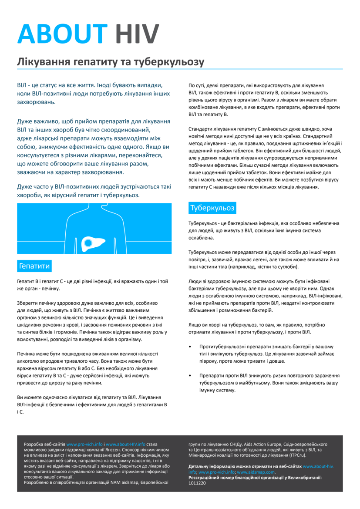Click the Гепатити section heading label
(x=34, y=266)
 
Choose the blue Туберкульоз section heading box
(x=212, y=208)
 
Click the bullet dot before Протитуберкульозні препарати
(x=190, y=347)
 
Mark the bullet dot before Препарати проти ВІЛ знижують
(x=190, y=375)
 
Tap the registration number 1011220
(x=197, y=483)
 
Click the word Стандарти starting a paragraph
(x=201, y=129)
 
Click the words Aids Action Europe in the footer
(x=261, y=444)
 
